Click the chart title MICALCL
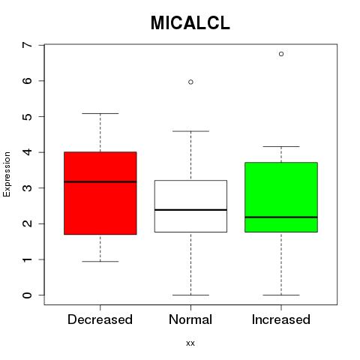(x=190, y=23)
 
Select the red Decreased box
(x=100, y=193)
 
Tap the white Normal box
(x=190, y=206)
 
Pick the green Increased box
(x=281, y=197)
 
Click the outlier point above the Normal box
(x=190, y=82)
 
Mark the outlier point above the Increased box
(x=281, y=54)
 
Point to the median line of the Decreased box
(x=100, y=181)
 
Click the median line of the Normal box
(x=190, y=210)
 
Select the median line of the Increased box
(x=281, y=217)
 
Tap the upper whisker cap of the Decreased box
(x=100, y=113)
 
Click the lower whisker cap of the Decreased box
(x=100, y=262)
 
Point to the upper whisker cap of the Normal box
(x=190, y=131)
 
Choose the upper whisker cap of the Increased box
(x=281, y=146)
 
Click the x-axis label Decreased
(x=100, y=319)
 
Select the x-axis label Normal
(x=190, y=319)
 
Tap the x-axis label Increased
(x=281, y=319)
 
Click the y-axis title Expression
(x=7, y=174)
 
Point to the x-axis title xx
(x=190, y=343)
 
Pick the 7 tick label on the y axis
(x=28, y=45)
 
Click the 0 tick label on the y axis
(x=28, y=295)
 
